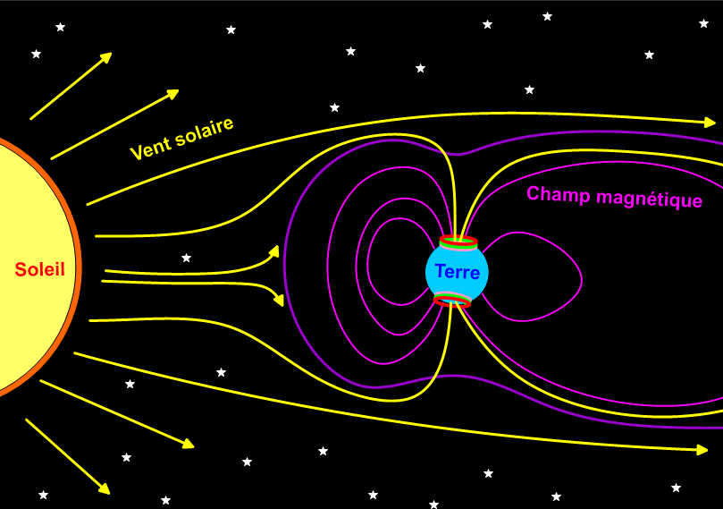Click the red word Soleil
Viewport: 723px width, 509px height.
[39, 269]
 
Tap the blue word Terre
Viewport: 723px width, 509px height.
[457, 272]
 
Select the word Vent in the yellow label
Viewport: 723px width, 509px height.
[149, 146]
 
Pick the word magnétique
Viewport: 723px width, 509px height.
[649, 199]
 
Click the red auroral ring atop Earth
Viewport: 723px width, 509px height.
[458, 242]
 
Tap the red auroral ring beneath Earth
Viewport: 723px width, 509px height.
[452, 302]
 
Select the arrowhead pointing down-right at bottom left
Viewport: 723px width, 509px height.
[105, 488]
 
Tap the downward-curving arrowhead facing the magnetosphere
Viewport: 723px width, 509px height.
[279, 300]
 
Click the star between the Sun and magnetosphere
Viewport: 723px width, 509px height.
[186, 259]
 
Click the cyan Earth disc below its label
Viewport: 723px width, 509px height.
[457, 289]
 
